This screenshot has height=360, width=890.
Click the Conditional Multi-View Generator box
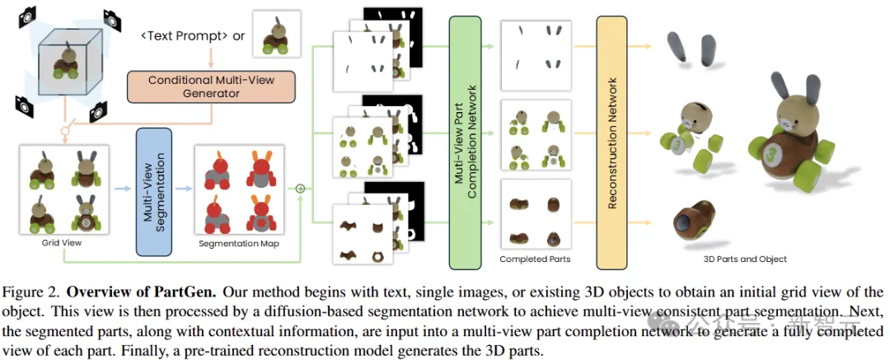pos(211,86)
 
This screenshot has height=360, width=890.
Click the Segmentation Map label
pos(238,244)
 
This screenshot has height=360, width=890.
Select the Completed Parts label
pos(535,259)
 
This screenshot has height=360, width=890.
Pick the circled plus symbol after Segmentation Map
pos(301,189)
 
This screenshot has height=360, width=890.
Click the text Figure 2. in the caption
pos(34,292)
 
